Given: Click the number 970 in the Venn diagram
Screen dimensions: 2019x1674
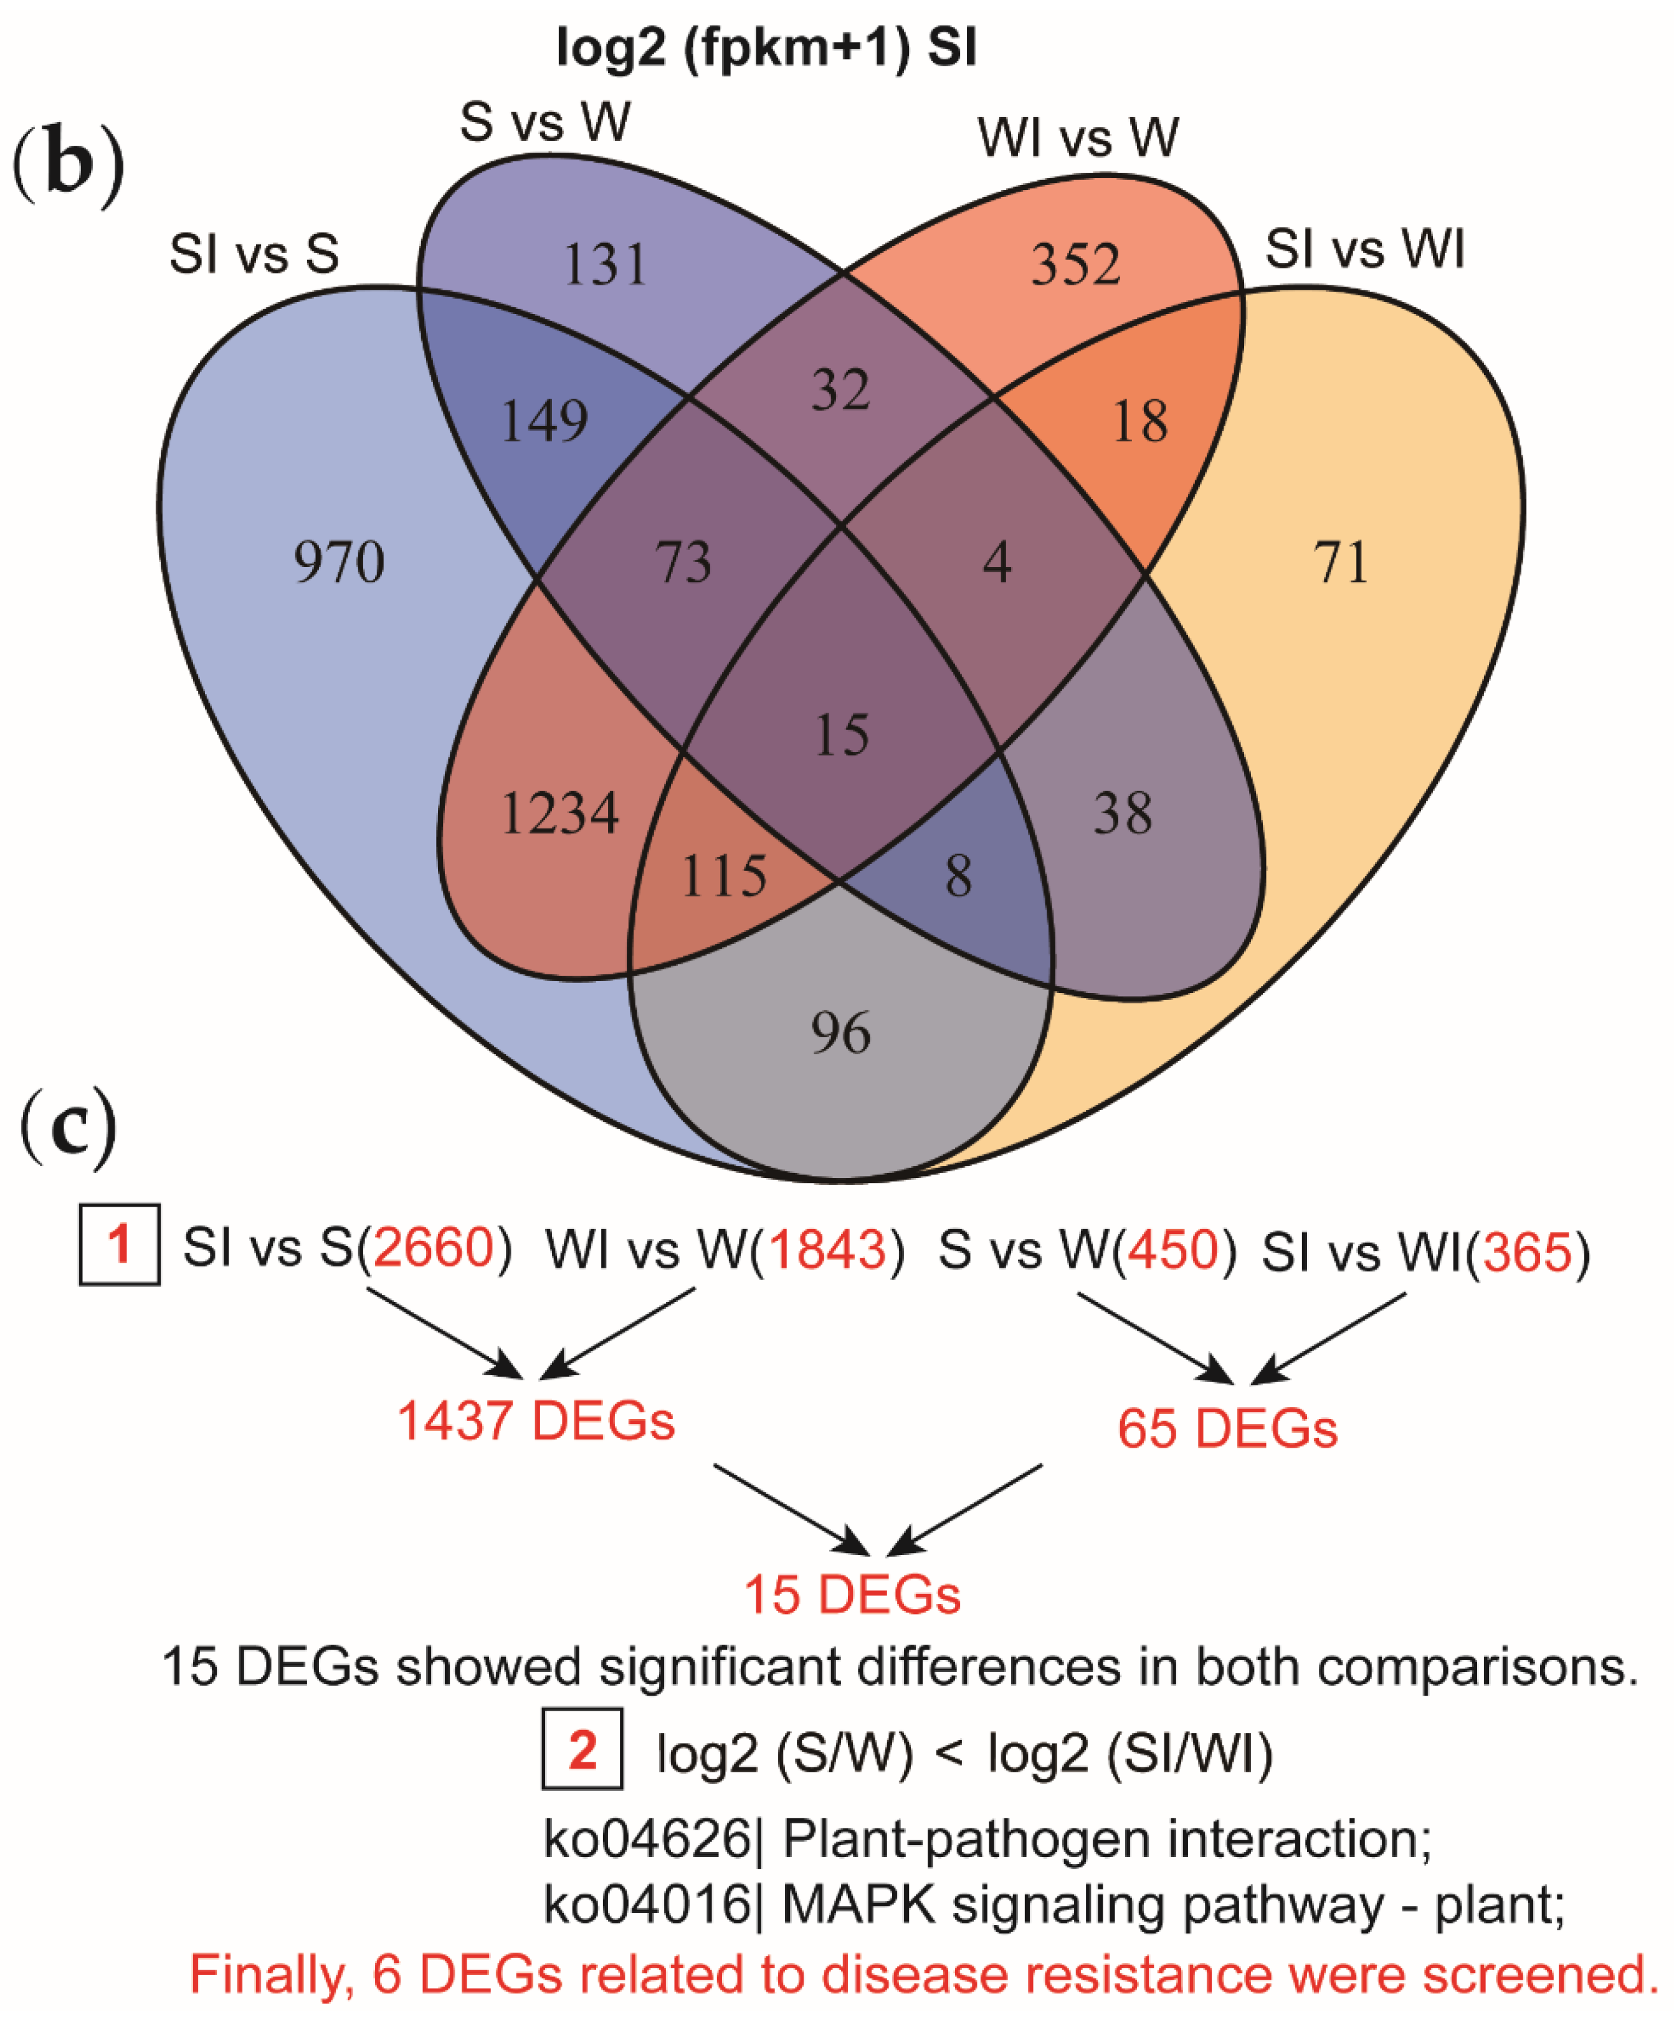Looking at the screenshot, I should click(x=338, y=563).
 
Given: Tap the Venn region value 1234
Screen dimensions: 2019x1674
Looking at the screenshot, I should click(x=559, y=814).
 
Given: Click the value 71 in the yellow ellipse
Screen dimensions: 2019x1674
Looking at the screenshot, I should click(x=1341, y=563).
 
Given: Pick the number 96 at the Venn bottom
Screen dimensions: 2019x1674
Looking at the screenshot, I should click(x=841, y=1033).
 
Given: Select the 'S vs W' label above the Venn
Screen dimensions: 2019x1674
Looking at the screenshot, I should click(x=545, y=123).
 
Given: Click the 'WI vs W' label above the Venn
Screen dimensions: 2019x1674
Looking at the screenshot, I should click(x=1078, y=138).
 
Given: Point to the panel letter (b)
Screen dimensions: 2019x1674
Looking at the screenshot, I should click(x=67, y=163).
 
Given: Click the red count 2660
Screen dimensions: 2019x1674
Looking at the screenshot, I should click(x=433, y=1249).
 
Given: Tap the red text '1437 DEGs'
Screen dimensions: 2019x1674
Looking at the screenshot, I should click(x=536, y=1421).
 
